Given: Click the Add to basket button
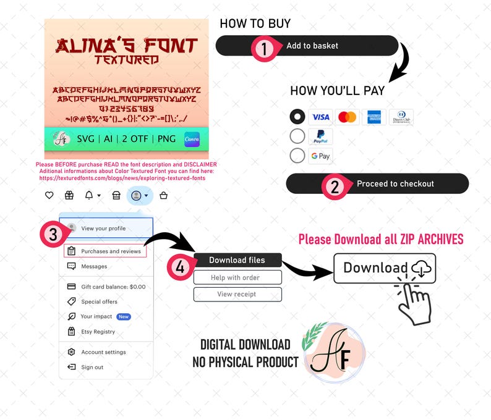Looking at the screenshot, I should click(x=312, y=46).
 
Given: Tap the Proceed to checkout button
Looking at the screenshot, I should click(x=395, y=184).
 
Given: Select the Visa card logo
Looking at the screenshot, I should click(x=320, y=117).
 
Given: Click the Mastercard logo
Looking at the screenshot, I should click(x=348, y=117).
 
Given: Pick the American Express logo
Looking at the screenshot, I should click(x=374, y=117).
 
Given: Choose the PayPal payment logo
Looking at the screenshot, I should click(x=320, y=136).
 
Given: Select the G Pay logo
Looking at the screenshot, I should click(x=320, y=156).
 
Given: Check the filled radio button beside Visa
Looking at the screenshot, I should click(x=297, y=117).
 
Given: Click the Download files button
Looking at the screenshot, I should click(x=237, y=260).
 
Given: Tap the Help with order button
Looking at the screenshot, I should click(x=237, y=277).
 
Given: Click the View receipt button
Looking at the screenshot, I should click(x=237, y=294).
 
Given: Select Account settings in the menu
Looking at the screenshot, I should click(x=103, y=352).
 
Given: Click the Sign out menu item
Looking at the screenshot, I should click(x=92, y=367).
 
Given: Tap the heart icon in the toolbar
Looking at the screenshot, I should click(x=49, y=195).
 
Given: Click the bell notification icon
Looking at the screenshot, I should click(x=89, y=195).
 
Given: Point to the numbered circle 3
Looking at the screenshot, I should click(x=53, y=234).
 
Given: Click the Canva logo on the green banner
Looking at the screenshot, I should click(x=192, y=140).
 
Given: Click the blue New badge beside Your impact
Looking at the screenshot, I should click(x=124, y=317).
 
